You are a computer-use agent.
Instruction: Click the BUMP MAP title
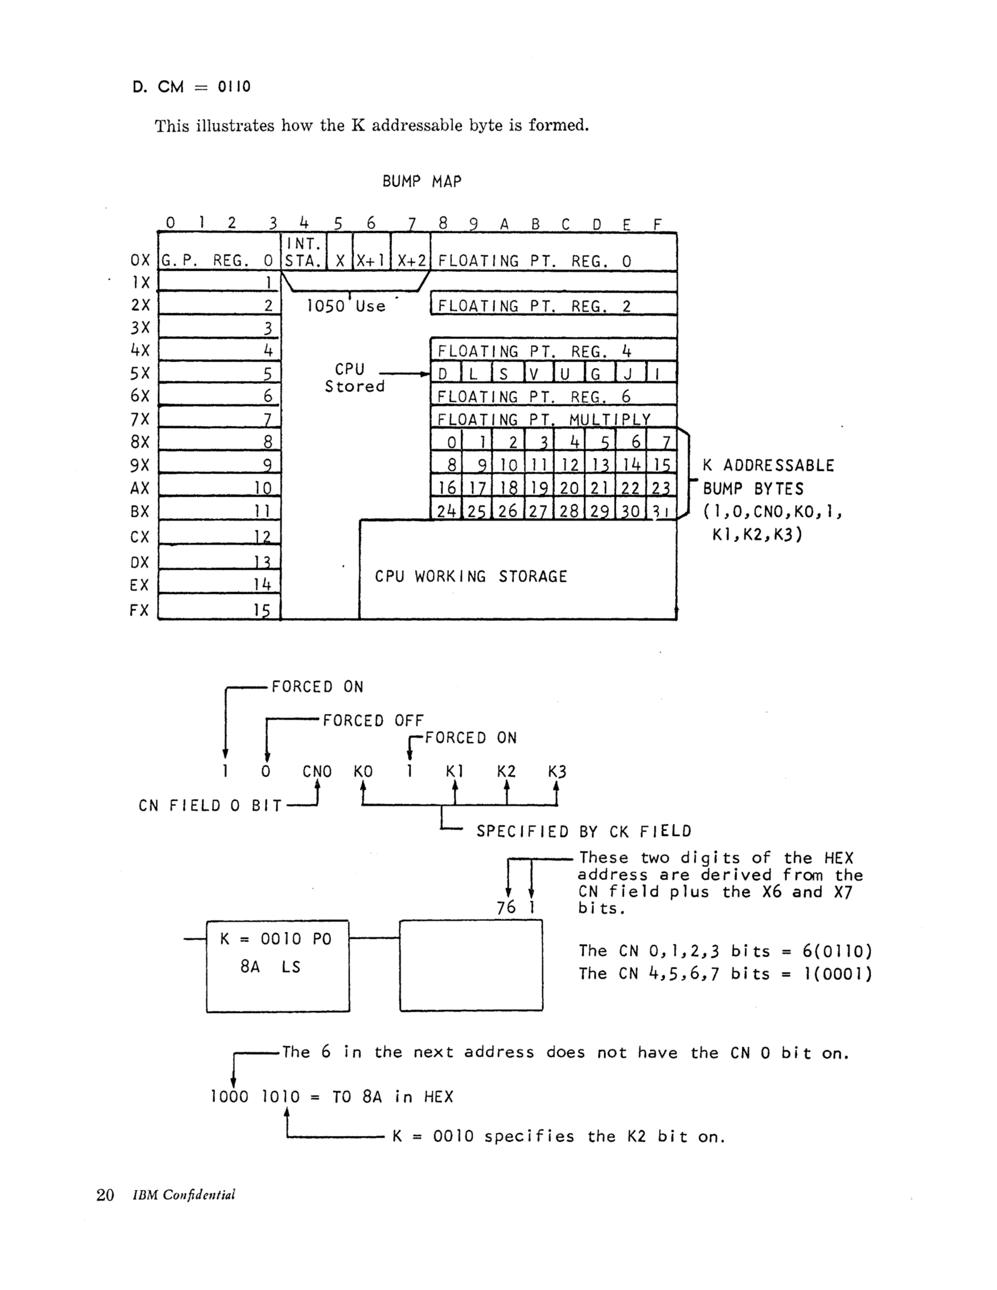tap(421, 181)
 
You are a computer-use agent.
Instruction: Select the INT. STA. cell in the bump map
tap(303, 252)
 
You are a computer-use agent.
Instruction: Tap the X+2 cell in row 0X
tap(411, 260)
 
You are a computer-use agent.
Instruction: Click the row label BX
tap(140, 512)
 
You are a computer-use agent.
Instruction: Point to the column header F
tap(657, 224)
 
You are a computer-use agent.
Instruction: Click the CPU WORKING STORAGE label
tap(471, 577)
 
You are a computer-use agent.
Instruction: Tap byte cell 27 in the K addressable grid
tap(538, 511)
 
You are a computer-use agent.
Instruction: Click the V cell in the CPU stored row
tap(534, 374)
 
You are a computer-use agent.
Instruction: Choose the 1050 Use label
tap(346, 306)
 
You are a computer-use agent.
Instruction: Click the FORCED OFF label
tap(373, 721)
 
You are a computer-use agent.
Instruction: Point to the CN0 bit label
tap(317, 772)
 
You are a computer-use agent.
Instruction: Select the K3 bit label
tap(557, 772)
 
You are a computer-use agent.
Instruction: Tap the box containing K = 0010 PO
tap(278, 966)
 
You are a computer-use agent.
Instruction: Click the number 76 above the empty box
tap(506, 907)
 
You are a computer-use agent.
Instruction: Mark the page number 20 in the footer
tap(105, 1196)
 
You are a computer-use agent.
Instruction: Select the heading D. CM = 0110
tap(191, 87)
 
